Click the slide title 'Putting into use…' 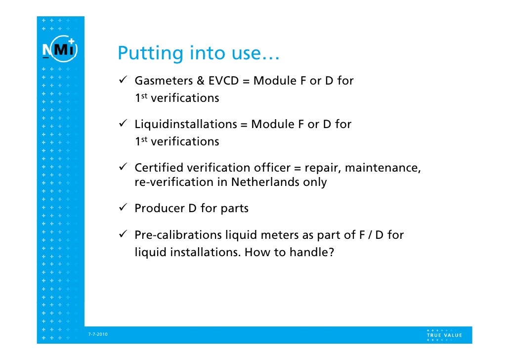point(199,53)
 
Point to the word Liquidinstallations point(186,124)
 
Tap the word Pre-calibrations point(178,235)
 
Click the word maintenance point(382,168)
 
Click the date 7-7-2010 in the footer point(97,335)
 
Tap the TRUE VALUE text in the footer point(444,335)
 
